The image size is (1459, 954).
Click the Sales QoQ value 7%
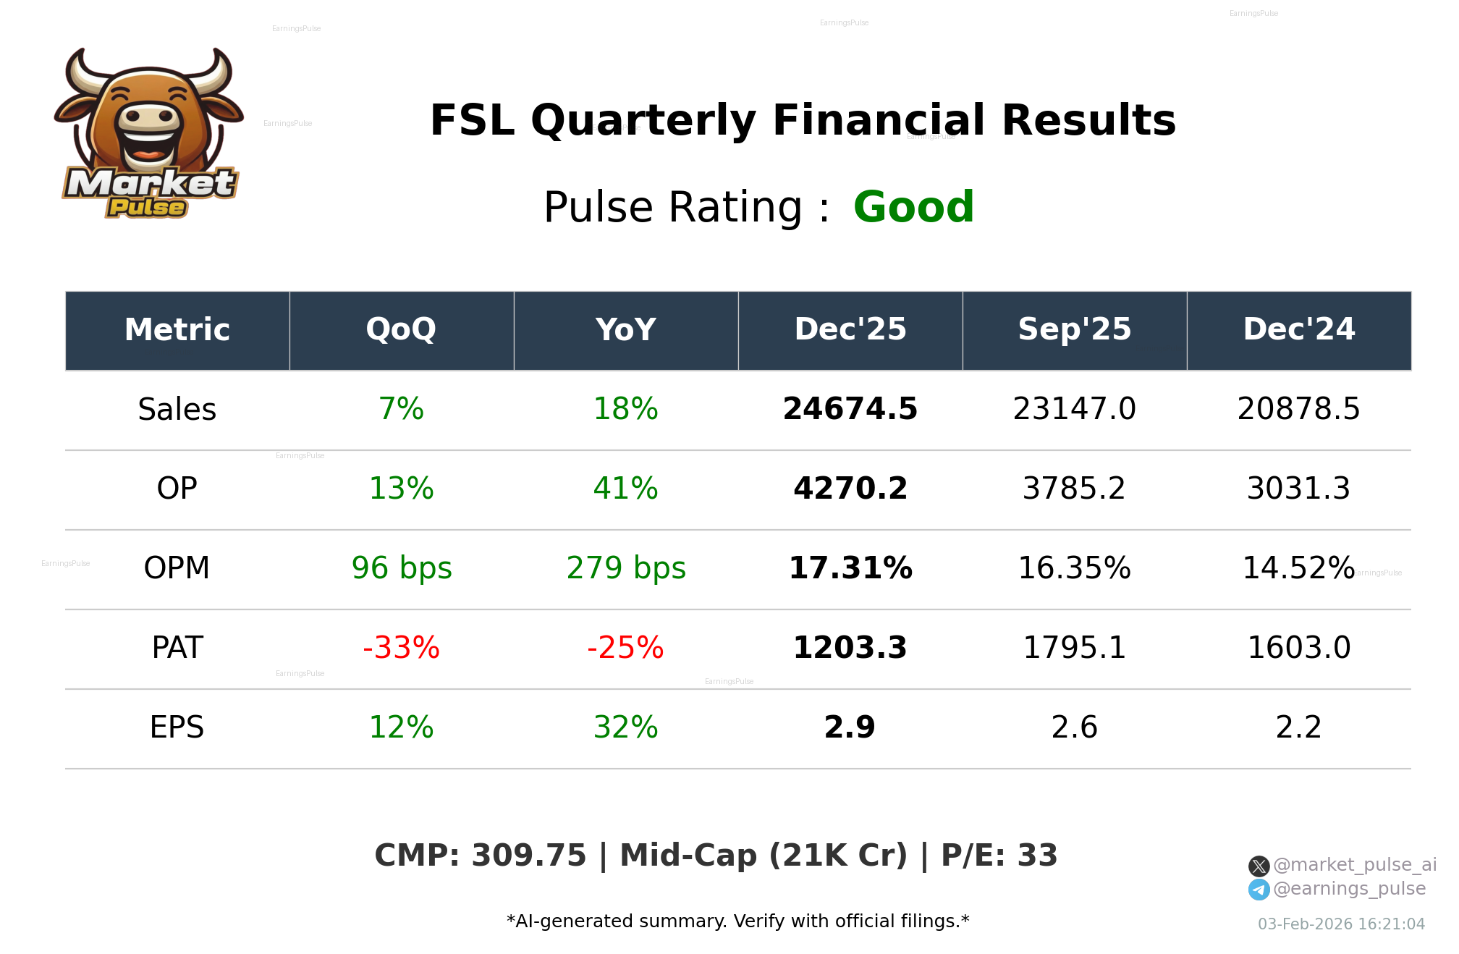401,409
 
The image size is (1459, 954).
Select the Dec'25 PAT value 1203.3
850,648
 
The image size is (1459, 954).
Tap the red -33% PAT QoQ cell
401,648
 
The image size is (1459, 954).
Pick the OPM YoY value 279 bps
625,568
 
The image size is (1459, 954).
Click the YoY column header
625,330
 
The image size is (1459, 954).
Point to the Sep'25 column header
1074,330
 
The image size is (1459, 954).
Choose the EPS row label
177,727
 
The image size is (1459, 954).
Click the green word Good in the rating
913,208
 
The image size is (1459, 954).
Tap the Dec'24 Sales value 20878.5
1298,409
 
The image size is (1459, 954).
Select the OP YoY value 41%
625,489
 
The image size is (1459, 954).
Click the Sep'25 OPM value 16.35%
1074,568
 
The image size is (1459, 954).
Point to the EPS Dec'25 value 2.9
850,727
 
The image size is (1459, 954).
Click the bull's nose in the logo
149,117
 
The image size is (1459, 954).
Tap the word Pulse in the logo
147,208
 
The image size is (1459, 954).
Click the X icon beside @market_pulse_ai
1259,866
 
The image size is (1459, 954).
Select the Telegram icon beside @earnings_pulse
1259,890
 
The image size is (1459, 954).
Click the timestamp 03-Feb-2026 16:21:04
1340,924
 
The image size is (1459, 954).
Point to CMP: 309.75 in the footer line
480,856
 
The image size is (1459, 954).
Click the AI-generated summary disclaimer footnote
737,921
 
